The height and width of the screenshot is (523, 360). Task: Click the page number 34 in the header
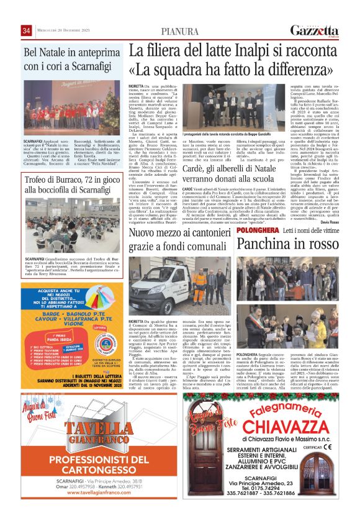[27, 31]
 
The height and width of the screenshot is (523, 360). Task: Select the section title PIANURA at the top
[179, 32]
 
